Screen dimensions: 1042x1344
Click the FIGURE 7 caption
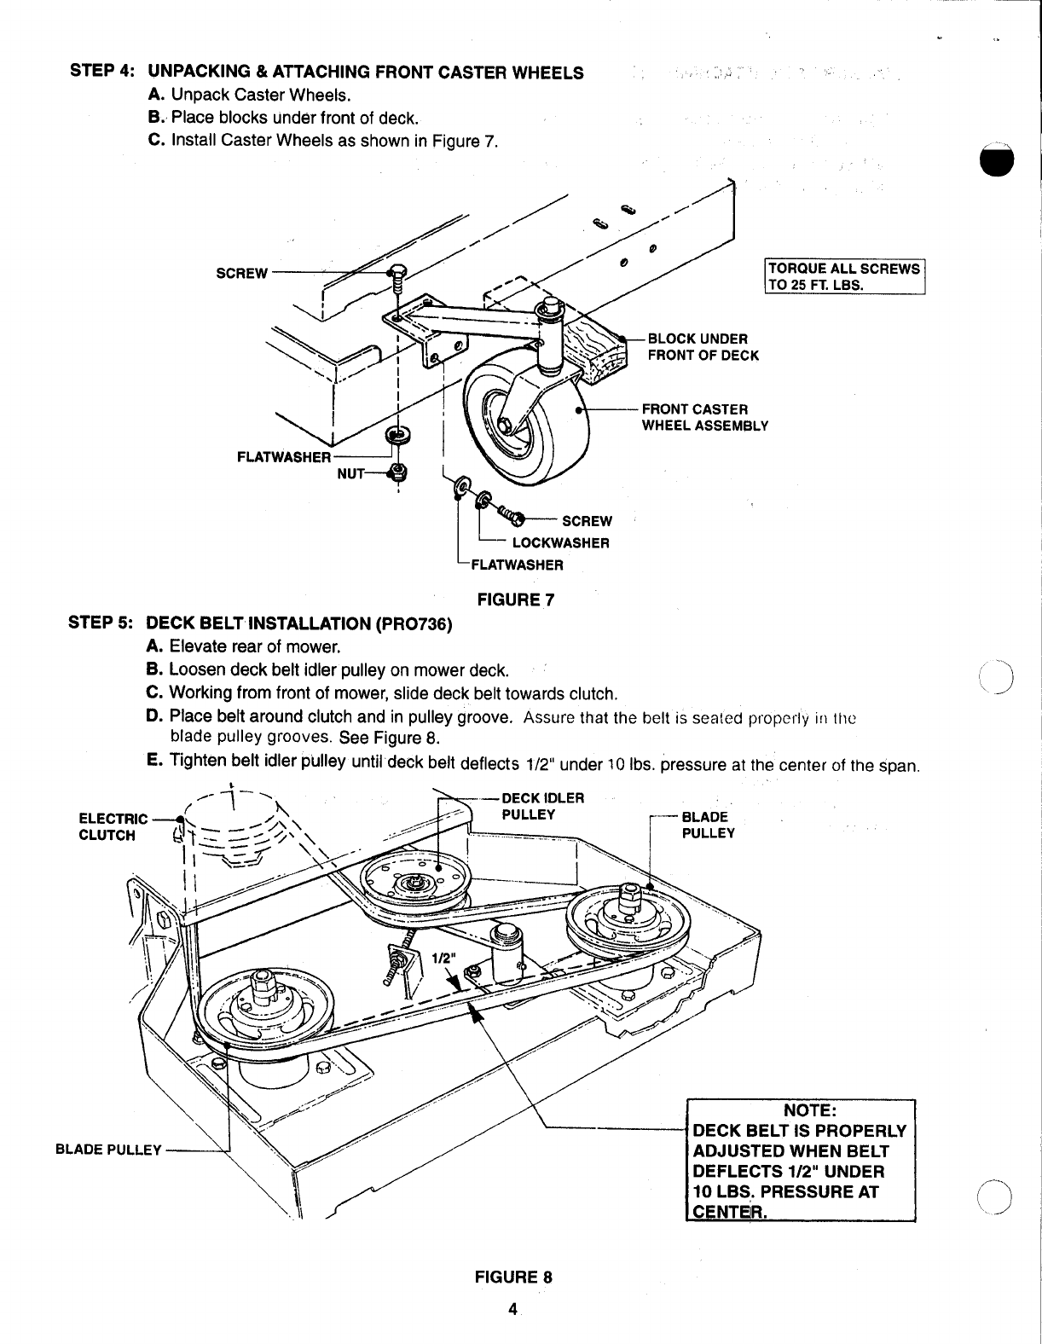pyautogui.click(x=515, y=600)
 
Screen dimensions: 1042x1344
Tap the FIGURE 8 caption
pyautogui.click(x=513, y=1277)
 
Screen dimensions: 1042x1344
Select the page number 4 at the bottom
pyautogui.click(x=512, y=1309)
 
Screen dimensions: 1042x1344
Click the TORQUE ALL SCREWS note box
pyautogui.click(x=845, y=276)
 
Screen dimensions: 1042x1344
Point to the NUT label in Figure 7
pyautogui.click(x=350, y=474)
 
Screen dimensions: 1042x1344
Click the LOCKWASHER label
pyautogui.click(x=561, y=543)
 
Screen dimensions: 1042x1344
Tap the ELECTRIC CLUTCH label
pyautogui.click(x=113, y=827)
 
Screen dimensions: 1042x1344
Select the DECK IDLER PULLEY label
pyautogui.click(x=543, y=806)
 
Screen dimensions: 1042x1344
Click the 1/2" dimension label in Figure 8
pyautogui.click(x=443, y=959)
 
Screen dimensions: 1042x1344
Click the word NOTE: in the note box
pyautogui.click(x=809, y=1110)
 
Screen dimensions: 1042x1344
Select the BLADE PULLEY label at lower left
pyautogui.click(x=108, y=1150)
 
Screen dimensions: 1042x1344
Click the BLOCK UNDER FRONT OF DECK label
pyautogui.click(x=703, y=347)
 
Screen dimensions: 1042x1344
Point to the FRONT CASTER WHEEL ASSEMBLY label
pyautogui.click(x=705, y=418)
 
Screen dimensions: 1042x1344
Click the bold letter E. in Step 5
pyautogui.click(x=154, y=760)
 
